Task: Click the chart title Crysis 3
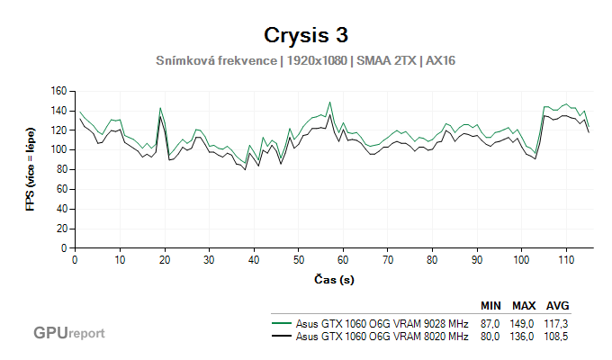click(x=306, y=35)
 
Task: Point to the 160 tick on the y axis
click(x=60, y=91)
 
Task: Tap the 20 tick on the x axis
click(x=164, y=259)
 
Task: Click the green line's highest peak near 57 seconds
click(x=329, y=102)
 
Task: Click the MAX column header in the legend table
click(x=524, y=306)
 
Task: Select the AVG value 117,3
click(x=558, y=322)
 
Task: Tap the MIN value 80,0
click(x=491, y=336)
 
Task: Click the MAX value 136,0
click(x=524, y=336)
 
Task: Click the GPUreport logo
click(x=69, y=333)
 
